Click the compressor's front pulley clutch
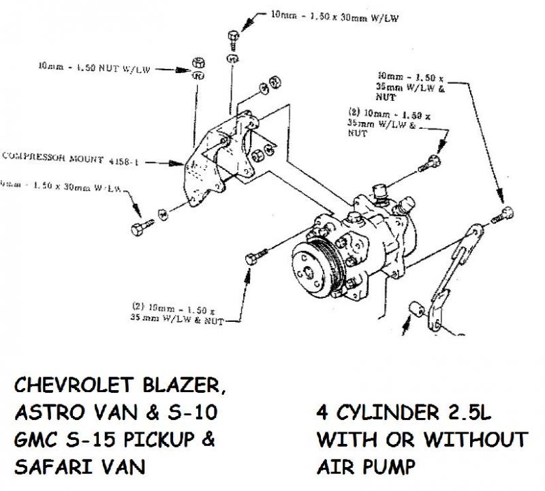coord(311,267)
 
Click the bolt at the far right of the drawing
coord(506,213)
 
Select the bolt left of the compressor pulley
coord(253,258)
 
